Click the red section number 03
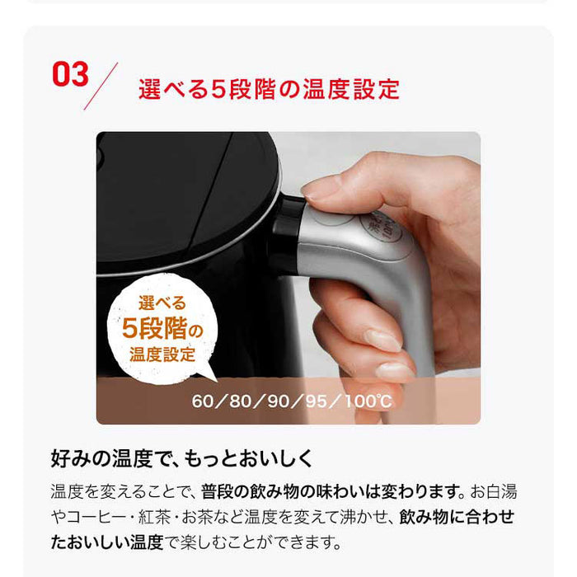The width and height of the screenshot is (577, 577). point(70,74)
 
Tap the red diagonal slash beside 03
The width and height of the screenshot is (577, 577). point(101,86)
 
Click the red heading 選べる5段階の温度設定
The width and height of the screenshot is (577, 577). point(269,89)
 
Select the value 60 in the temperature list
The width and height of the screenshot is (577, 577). point(203,401)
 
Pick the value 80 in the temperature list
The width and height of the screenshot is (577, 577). point(241,401)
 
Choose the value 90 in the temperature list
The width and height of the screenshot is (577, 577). point(279,401)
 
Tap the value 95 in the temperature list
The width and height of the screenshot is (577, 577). point(317,401)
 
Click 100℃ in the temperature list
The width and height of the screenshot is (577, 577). point(368,401)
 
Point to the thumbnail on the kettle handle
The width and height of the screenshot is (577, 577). point(319,190)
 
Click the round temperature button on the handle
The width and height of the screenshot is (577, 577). point(381,227)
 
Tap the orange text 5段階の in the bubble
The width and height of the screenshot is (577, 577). point(162,328)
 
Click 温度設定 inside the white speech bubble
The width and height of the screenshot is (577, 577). point(162,354)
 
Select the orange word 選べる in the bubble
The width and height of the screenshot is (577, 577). point(162,303)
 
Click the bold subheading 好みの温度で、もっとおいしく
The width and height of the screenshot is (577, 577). point(181,458)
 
